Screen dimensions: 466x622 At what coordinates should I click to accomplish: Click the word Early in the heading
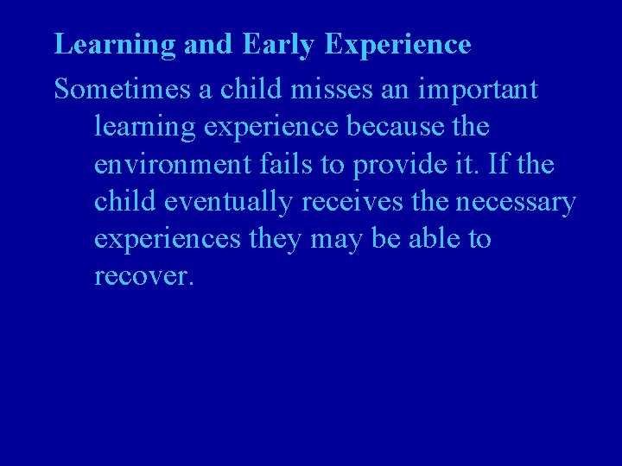(x=278, y=44)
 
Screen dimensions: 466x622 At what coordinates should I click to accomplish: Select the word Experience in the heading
(x=398, y=44)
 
